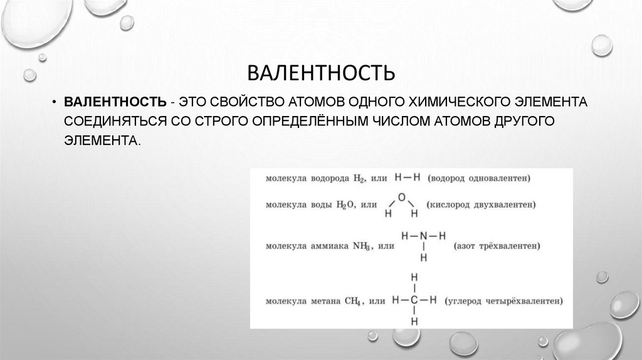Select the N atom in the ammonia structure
click(x=424, y=236)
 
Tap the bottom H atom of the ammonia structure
click(x=424, y=257)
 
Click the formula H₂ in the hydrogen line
click(x=358, y=179)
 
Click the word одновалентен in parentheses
click(x=499, y=179)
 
